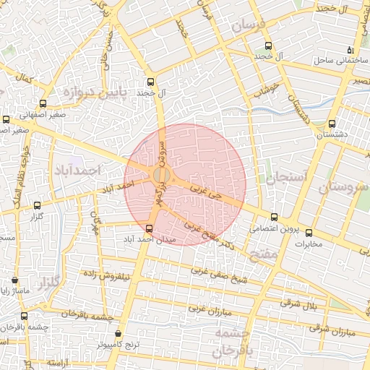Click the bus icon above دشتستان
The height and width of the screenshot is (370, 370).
click(x=332, y=124)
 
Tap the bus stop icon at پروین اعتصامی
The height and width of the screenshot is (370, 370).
click(x=273, y=216)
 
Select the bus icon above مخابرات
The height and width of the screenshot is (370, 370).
click(x=309, y=233)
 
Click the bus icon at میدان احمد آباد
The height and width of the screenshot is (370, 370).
click(x=149, y=228)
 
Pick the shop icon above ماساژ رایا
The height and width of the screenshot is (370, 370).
click(x=15, y=280)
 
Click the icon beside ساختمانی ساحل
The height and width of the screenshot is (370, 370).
click(x=350, y=51)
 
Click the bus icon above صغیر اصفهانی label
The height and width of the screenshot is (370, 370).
click(x=43, y=103)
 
